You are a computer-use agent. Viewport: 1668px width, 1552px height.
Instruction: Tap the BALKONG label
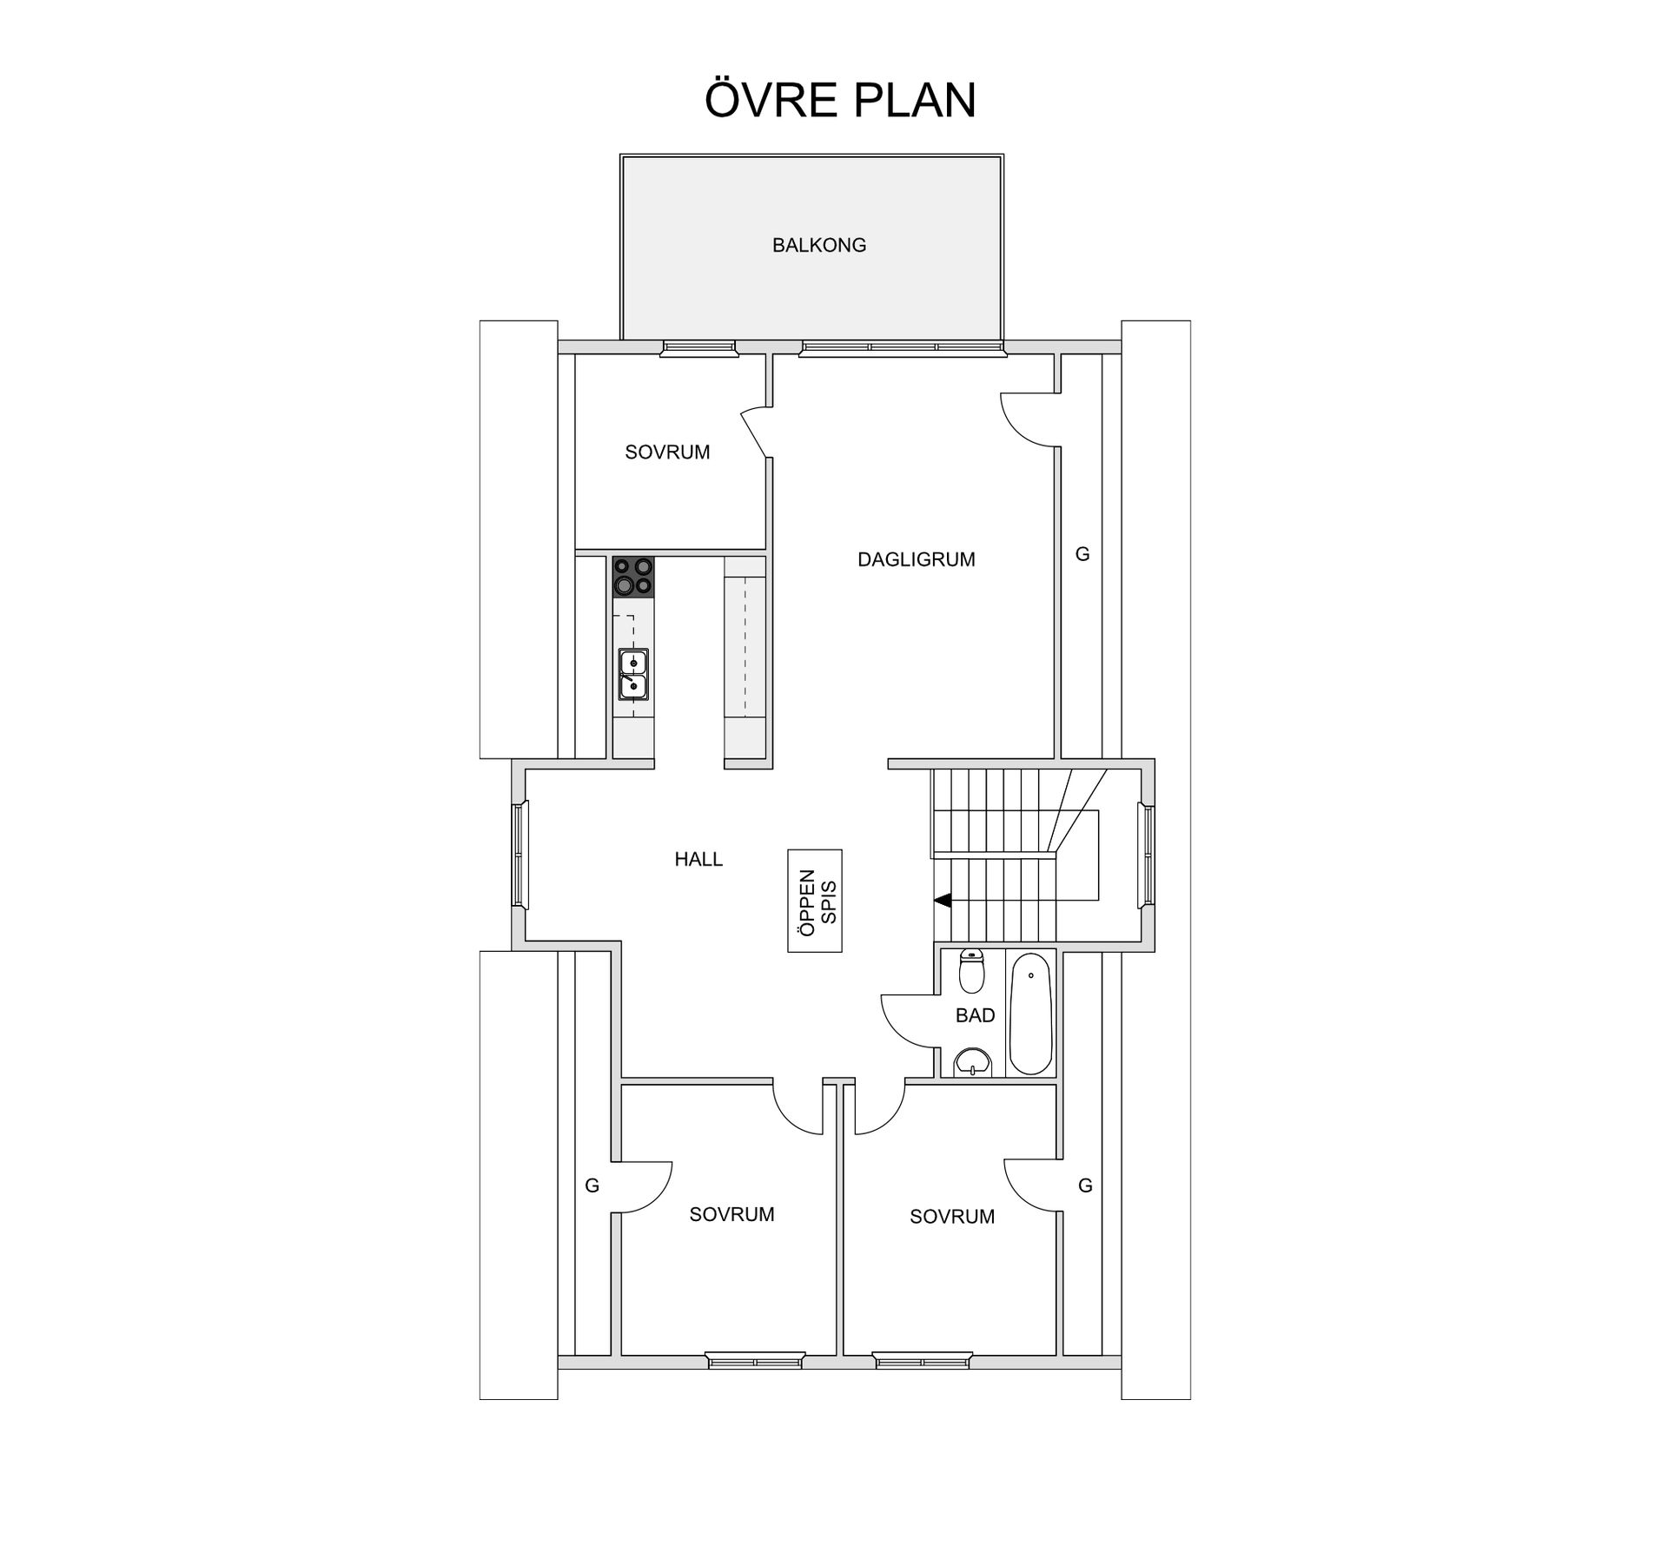pyautogui.click(x=818, y=245)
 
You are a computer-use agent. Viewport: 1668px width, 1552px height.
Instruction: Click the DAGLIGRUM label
pyautogui.click(x=916, y=559)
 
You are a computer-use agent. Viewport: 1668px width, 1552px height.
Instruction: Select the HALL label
pyautogui.click(x=698, y=859)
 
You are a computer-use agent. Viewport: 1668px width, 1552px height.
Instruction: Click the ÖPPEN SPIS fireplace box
pyautogui.click(x=815, y=901)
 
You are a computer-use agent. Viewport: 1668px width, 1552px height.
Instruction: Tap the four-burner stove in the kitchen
pyautogui.click(x=632, y=577)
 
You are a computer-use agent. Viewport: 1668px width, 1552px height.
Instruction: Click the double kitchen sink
pyautogui.click(x=633, y=674)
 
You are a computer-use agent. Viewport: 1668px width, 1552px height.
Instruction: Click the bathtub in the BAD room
pyautogui.click(x=1031, y=1013)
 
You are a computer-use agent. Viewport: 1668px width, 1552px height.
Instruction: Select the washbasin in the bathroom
pyautogui.click(x=973, y=1061)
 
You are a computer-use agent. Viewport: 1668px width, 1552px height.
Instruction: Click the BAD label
pyautogui.click(x=975, y=1015)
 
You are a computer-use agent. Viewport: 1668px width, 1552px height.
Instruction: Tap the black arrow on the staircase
pyautogui.click(x=943, y=901)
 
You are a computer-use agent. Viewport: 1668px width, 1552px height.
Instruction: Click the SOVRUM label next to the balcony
pyautogui.click(x=667, y=452)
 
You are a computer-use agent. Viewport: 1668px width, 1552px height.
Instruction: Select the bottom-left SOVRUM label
pyautogui.click(x=731, y=1214)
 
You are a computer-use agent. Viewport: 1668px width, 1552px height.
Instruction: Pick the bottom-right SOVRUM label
pyautogui.click(x=952, y=1217)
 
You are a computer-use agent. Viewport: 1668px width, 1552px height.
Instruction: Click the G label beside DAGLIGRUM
pyautogui.click(x=1082, y=553)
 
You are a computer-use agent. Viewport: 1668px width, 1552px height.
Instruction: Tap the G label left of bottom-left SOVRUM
pyautogui.click(x=592, y=1185)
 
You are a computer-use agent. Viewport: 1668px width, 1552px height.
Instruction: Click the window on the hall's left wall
pyautogui.click(x=520, y=855)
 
